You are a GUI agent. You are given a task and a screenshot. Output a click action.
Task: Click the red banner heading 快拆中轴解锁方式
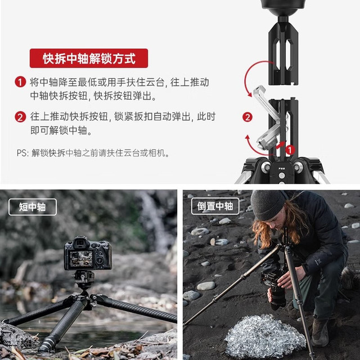[x=89, y=58]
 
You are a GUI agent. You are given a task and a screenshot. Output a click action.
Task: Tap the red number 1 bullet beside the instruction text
[x=20, y=82]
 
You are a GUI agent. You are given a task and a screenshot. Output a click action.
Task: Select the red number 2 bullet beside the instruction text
[x=20, y=117]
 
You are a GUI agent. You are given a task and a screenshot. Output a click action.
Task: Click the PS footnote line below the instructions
[x=93, y=153]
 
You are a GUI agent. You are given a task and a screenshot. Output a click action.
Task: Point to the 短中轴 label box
[x=33, y=207]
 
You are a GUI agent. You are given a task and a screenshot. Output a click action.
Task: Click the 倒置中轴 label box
[x=215, y=206]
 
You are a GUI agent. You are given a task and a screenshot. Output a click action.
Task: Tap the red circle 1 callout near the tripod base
[x=290, y=150]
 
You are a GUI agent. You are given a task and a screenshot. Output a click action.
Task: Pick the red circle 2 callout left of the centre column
[x=247, y=117]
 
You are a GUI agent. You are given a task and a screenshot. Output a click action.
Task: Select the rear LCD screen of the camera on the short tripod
[x=81, y=259]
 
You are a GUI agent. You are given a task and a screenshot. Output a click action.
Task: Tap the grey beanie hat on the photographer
[x=268, y=204]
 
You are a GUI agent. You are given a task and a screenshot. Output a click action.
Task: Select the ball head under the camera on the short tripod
[x=84, y=280]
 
